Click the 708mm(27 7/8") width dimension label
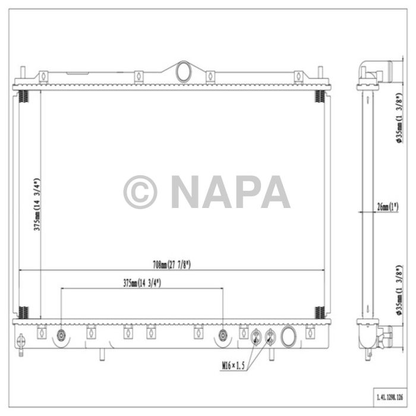[171, 265]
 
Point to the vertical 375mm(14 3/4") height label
[36, 204]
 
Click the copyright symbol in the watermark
[140, 192]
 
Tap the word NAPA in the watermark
[231, 192]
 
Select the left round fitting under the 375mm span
[62, 336]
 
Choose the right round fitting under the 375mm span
[223, 335]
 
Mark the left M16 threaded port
[256, 337]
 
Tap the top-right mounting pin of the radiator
[322, 74]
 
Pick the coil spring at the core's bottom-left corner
[23, 312]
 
